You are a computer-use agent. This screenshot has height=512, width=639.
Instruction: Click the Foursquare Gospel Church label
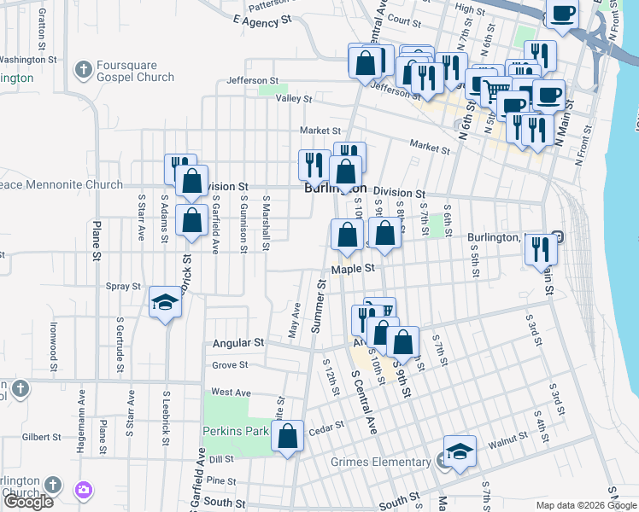coord(135,70)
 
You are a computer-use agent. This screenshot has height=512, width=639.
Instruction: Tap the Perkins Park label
coord(236,431)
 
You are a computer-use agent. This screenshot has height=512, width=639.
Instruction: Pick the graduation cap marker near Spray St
coord(165,302)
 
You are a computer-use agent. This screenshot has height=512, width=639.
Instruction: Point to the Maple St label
coord(354,268)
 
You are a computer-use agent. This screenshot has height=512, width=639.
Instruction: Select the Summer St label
coord(319,305)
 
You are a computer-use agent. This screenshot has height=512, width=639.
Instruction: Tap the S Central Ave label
coord(364,401)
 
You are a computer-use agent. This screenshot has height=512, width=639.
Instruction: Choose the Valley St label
coord(293,99)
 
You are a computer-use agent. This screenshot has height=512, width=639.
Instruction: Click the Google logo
coord(29,502)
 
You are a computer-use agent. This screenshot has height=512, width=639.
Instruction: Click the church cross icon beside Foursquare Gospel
coord(83,69)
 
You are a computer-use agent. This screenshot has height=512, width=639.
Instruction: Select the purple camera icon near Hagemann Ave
coord(84,489)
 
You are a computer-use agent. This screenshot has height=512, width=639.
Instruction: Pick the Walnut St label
coord(508,439)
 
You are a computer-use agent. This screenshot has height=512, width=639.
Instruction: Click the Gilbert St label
coord(42,437)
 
